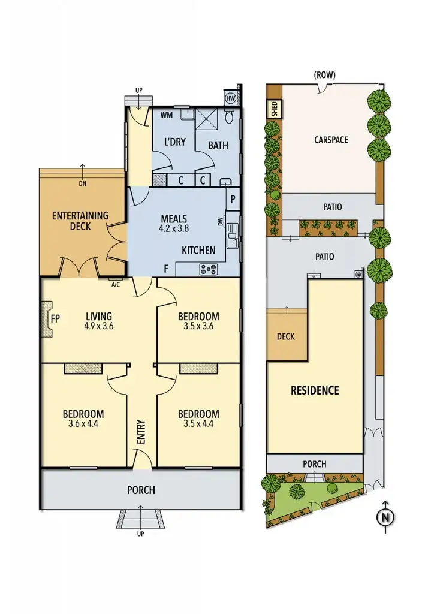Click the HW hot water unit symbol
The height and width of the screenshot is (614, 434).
click(x=230, y=98)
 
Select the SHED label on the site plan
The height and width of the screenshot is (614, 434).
click(x=274, y=109)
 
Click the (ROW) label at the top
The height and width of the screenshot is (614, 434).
click(x=324, y=76)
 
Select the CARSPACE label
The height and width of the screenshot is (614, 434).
click(x=331, y=140)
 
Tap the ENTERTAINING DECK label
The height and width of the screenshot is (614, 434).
click(x=80, y=221)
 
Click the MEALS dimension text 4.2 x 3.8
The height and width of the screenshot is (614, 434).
click(x=174, y=228)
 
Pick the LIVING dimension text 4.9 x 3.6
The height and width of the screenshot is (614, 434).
click(x=99, y=327)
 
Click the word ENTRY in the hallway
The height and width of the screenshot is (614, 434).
click(x=141, y=431)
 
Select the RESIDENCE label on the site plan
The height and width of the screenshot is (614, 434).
click(x=315, y=390)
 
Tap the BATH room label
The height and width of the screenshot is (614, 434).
click(x=218, y=145)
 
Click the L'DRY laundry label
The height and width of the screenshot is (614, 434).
click(x=175, y=142)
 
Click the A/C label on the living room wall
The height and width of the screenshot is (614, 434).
click(x=116, y=285)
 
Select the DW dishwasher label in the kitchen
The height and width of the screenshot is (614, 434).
click(x=220, y=222)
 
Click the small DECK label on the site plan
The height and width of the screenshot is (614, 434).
click(x=286, y=336)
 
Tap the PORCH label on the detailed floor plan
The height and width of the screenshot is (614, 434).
click(x=141, y=490)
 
